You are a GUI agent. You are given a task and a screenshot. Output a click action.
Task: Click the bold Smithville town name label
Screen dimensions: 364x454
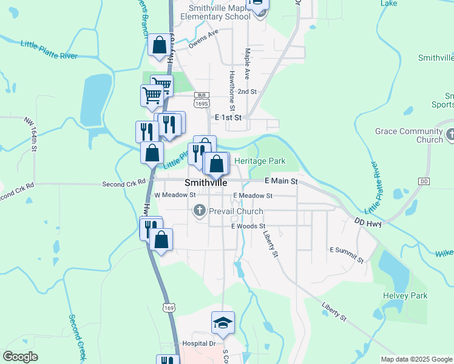pos(206,182)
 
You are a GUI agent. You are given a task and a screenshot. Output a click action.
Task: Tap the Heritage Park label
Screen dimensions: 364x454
pos(260,161)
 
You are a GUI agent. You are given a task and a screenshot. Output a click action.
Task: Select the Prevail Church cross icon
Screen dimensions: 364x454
pos(198,211)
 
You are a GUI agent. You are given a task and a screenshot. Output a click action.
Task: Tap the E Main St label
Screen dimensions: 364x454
pos(281,181)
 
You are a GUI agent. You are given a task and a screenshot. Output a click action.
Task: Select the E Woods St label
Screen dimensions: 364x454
pos(249,226)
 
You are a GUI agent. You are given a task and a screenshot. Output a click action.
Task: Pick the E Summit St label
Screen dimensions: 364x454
pos(347,254)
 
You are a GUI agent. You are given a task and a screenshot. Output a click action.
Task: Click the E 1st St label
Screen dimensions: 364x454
pos(228,118)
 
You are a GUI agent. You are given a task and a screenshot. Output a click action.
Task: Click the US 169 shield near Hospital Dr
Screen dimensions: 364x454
pos(169,308)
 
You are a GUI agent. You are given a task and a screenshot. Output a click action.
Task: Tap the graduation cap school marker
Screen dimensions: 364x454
pos(223,322)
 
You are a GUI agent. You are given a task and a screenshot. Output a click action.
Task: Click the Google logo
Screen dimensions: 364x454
pos(21,357)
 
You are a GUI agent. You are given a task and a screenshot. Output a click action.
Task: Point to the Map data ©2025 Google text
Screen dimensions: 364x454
pos(415,359)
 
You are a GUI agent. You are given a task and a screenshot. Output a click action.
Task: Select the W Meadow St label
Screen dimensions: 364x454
pos(175,195)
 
